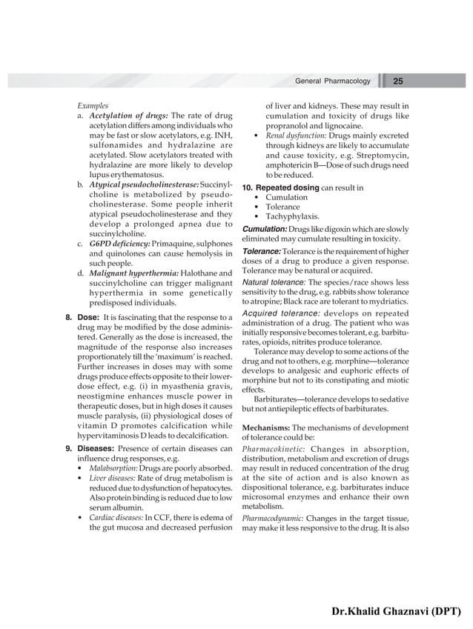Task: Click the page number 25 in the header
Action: tap(397, 81)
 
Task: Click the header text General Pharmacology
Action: tap(332, 81)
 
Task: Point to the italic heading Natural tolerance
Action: tap(274, 282)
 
